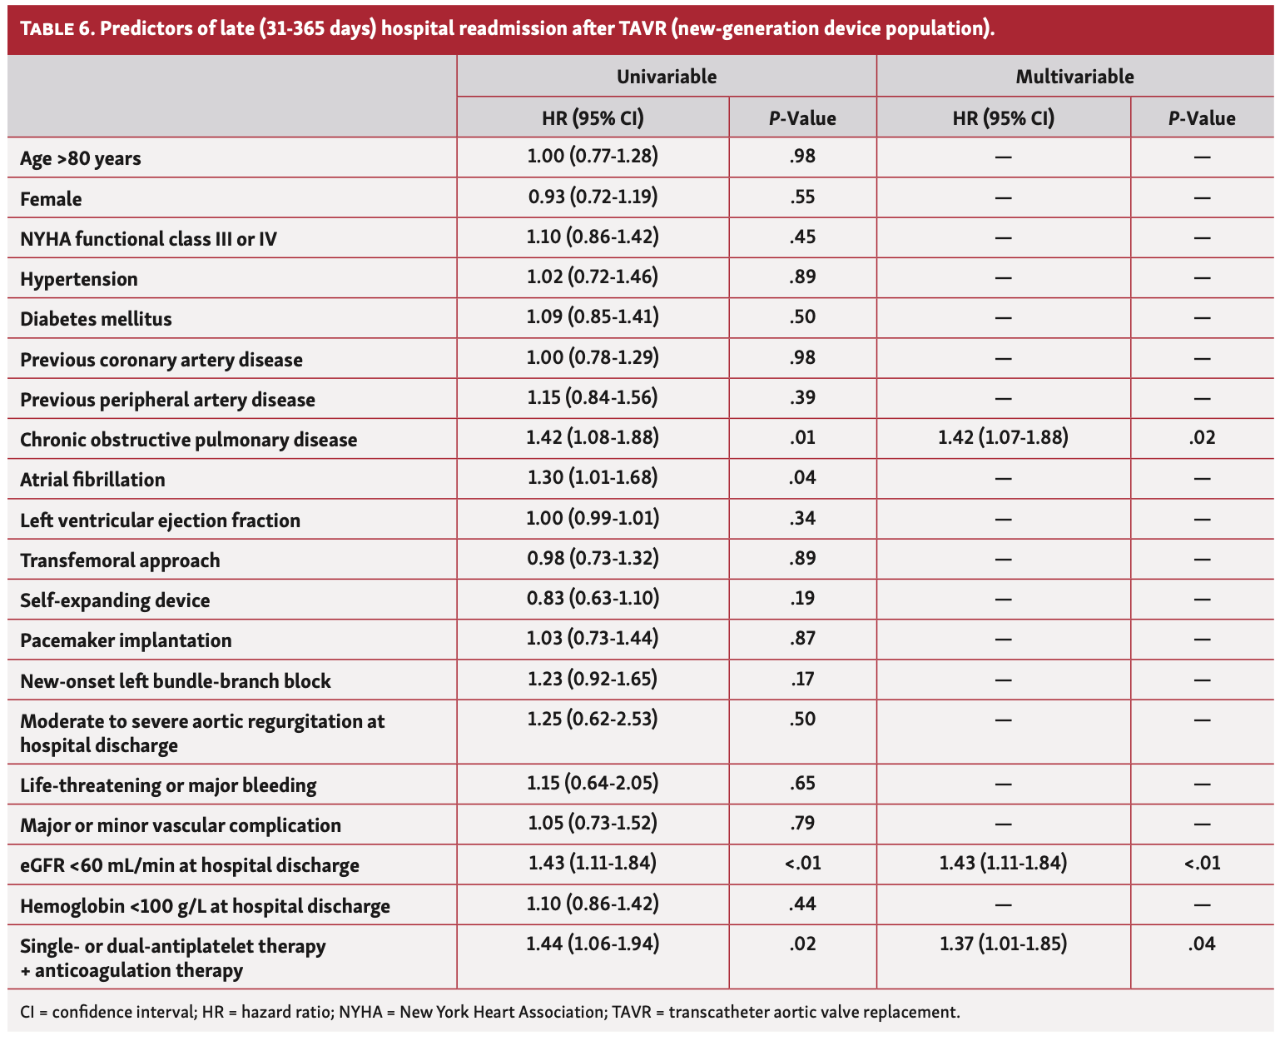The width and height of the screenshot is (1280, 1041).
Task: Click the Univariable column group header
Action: [x=666, y=77]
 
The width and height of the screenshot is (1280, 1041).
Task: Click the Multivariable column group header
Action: [x=1074, y=77]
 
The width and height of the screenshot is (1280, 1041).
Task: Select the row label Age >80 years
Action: [x=81, y=158]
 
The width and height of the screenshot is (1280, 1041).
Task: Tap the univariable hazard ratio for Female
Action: [x=593, y=197]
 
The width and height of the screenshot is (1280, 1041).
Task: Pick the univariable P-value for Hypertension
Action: [x=802, y=277]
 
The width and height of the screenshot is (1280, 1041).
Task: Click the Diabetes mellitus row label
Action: [x=96, y=319]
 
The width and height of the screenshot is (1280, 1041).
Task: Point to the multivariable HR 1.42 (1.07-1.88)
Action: [x=1003, y=437]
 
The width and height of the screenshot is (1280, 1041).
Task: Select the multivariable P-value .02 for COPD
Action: [x=1202, y=437]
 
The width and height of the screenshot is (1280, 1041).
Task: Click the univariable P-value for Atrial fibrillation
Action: [x=802, y=478]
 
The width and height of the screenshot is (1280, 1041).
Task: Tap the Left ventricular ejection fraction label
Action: [x=160, y=520]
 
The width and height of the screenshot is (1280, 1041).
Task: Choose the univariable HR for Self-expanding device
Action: [x=593, y=598]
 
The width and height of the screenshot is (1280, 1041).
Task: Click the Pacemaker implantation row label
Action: [x=126, y=640]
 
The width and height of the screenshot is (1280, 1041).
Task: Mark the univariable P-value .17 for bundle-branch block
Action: [x=802, y=679]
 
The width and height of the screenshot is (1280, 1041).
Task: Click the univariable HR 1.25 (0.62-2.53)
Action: [x=593, y=719]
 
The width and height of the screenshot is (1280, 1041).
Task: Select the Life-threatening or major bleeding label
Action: [x=168, y=785]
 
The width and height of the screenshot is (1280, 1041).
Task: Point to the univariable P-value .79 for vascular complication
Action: [x=802, y=824]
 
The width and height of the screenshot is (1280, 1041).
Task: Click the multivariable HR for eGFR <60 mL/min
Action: [x=1003, y=864]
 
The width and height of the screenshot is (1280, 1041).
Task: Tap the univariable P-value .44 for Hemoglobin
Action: [x=802, y=904]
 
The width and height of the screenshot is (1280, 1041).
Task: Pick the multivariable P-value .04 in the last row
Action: [x=1202, y=944]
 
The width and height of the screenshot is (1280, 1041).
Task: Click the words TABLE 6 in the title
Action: [x=57, y=29]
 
